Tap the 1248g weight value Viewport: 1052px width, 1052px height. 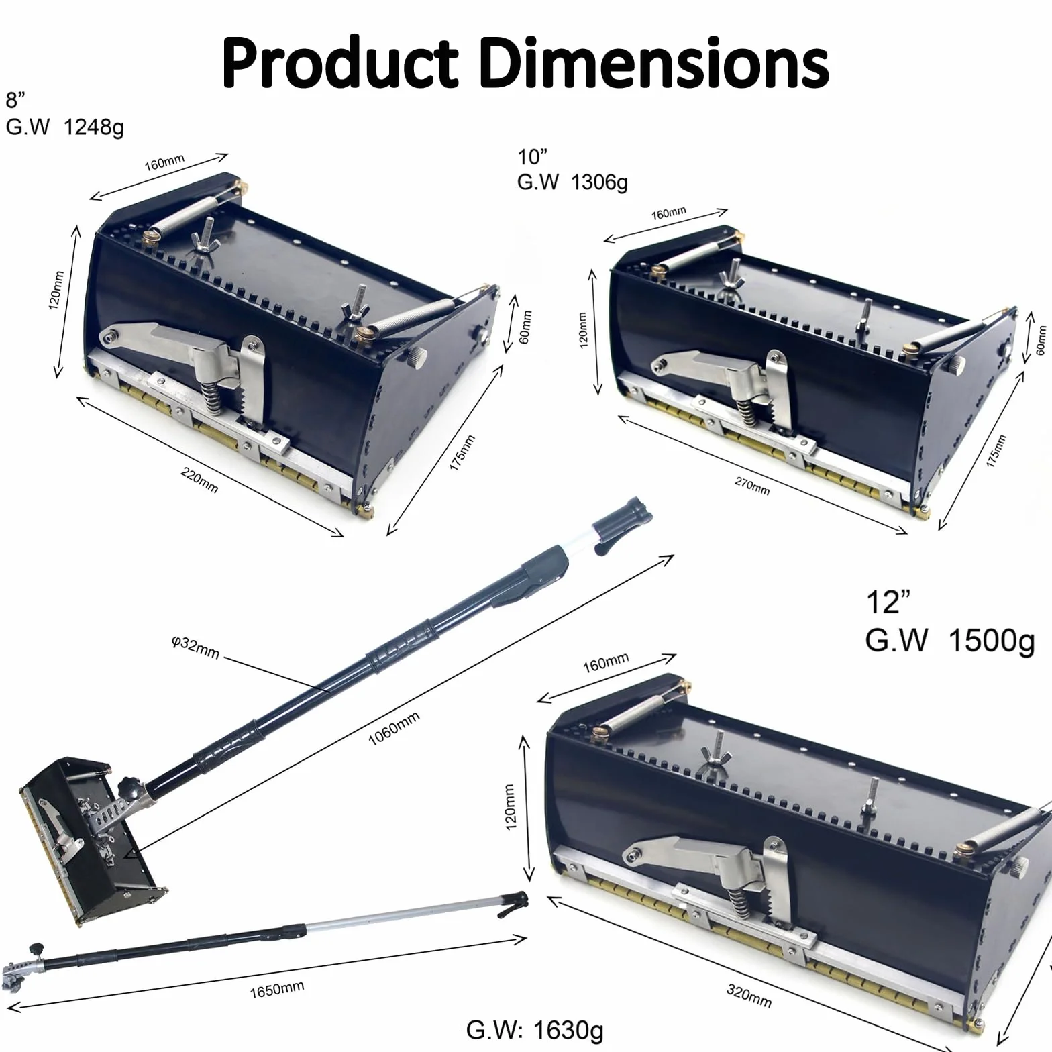coord(93,127)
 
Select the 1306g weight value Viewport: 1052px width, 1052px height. coord(599,182)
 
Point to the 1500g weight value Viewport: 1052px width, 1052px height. coord(992,641)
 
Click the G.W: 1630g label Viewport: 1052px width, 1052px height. coord(535,1029)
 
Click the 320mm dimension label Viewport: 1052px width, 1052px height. coord(749,995)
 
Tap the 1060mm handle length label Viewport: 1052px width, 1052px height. coord(394,728)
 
